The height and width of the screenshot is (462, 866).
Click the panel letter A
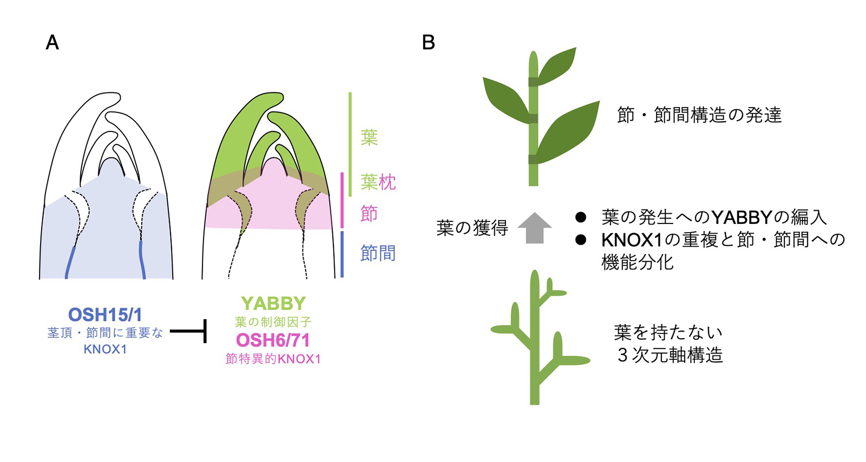tap(52, 42)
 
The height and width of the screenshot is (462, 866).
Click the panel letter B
tap(428, 42)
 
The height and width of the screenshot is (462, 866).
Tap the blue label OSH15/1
tap(105, 315)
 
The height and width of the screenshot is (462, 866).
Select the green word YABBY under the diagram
tap(273, 303)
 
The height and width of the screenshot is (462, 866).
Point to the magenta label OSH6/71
tap(273, 340)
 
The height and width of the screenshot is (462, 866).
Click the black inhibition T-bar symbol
tap(189, 331)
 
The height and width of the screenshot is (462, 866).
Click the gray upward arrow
tap(534, 228)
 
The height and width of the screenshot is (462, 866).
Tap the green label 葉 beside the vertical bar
tap(369, 137)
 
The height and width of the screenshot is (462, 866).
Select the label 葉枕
tap(378, 182)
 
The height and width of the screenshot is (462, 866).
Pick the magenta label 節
tap(369, 213)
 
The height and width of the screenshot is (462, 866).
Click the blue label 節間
tap(378, 253)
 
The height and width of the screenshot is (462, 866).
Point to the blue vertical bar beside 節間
tap(342, 254)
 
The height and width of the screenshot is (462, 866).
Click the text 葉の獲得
tap(472, 228)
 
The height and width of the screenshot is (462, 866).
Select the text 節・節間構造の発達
tap(699, 115)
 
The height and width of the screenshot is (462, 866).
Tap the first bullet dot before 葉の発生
tap(581, 217)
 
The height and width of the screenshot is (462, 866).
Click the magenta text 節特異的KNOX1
tap(273, 359)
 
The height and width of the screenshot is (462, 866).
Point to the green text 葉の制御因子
tap(273, 322)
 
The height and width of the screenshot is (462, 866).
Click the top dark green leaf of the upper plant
tap(557, 66)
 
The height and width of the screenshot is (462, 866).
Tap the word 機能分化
tap(638, 262)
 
